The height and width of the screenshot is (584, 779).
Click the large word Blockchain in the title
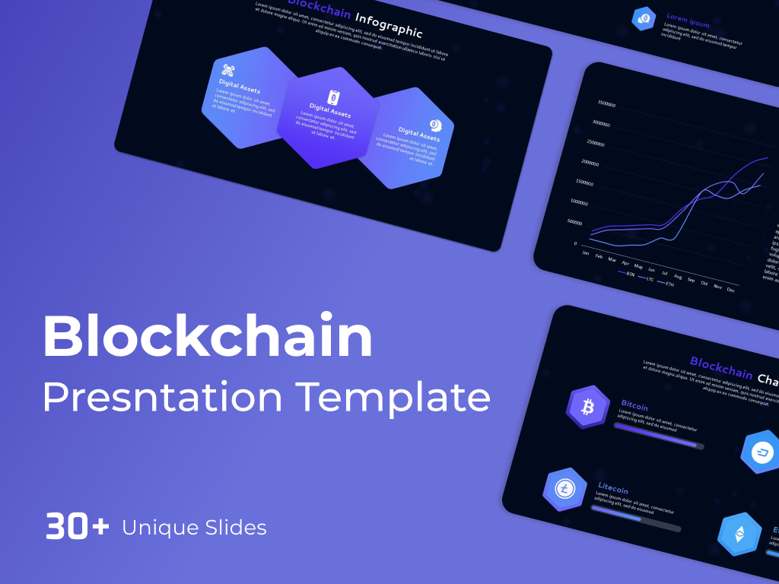208,337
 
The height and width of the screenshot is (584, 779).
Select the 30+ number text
78,526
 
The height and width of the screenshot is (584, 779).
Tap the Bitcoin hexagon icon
587,408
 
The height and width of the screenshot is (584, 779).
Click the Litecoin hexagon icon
564,488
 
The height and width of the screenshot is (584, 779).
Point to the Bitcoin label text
634,406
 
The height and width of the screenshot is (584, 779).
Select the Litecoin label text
613,489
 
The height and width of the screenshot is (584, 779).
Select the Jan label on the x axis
585,252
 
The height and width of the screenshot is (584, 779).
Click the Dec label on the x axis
731,290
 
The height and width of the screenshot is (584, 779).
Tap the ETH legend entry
669,284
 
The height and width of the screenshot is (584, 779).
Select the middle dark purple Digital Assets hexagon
328,118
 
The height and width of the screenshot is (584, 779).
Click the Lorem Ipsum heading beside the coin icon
688,21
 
